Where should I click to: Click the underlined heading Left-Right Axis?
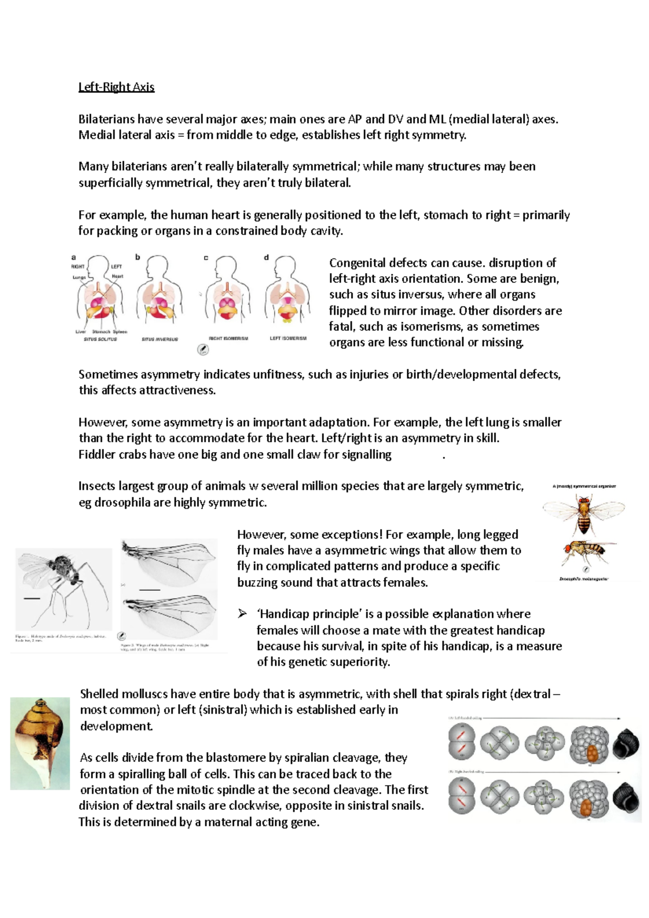(116, 87)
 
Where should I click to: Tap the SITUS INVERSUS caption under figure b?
(160, 340)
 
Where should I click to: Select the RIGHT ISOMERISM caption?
(228, 338)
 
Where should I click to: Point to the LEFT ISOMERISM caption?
(288, 338)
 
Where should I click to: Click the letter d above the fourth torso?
(266, 257)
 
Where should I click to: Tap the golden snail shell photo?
(40, 743)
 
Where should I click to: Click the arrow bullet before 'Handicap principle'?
(242, 614)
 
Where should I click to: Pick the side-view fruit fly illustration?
(586, 552)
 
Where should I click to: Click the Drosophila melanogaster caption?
(584, 579)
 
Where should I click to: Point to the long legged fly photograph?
(63, 589)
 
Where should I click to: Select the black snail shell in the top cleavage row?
(626, 743)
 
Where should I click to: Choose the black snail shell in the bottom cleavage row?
(626, 797)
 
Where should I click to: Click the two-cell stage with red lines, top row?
(461, 742)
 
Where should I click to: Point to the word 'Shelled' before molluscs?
(98, 694)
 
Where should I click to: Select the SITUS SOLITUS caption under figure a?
(100, 340)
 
